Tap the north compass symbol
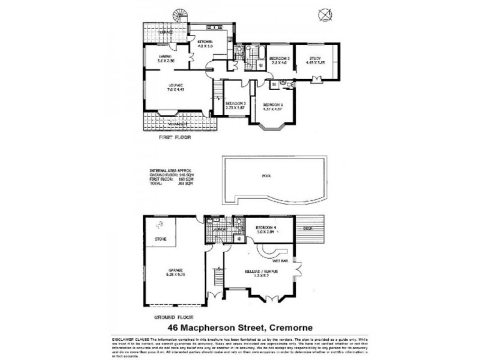[x=326, y=13]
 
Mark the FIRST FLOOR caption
[x=175, y=137]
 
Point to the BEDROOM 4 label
[x=265, y=228]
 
